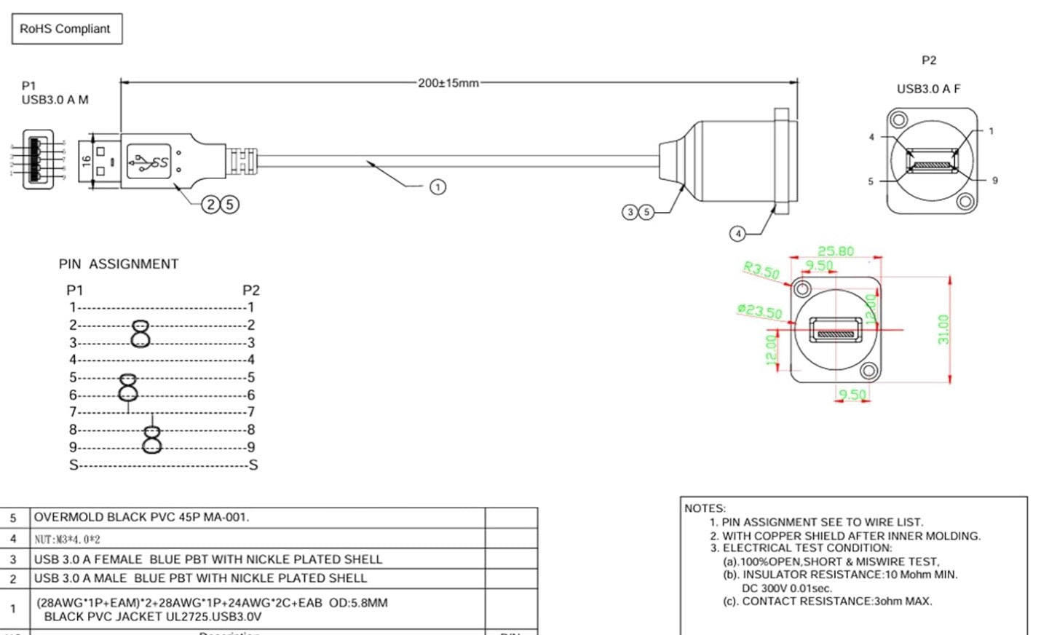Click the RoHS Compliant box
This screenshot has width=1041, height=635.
66,29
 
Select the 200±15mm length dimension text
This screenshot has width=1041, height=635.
448,83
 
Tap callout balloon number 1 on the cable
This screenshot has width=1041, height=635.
437,187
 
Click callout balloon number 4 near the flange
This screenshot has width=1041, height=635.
737,234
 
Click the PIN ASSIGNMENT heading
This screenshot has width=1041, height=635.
118,264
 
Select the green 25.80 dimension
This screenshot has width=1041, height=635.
835,251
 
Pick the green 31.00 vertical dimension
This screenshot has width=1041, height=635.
943,329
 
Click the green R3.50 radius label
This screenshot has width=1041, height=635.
761,270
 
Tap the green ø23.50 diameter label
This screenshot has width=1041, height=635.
759,312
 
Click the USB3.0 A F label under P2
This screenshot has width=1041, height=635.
928,89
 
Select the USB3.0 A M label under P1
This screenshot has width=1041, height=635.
55,100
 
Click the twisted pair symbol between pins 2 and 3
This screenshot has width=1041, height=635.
140,334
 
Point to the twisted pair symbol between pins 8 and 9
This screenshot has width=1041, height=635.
151,438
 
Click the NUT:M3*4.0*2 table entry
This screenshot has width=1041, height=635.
67,540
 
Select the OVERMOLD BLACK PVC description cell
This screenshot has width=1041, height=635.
141,518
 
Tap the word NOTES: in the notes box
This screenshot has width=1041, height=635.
704,508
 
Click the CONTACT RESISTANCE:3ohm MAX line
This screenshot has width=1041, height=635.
828,602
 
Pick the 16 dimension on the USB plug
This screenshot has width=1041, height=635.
86,161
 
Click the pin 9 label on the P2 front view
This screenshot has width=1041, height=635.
994,181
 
